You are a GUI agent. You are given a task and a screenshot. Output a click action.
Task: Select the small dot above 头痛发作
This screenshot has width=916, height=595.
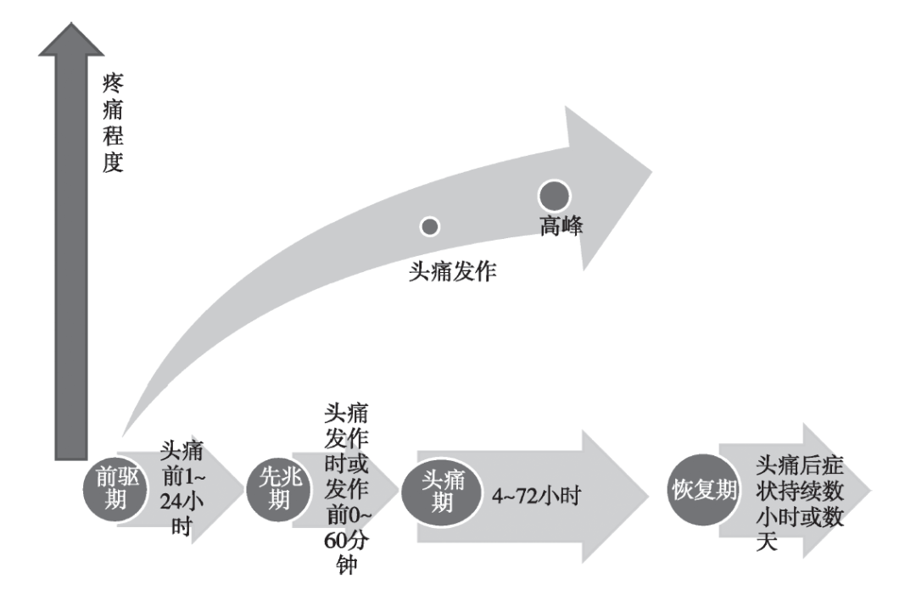point(430,226)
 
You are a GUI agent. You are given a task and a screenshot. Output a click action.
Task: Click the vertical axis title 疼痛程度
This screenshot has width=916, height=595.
point(113,123)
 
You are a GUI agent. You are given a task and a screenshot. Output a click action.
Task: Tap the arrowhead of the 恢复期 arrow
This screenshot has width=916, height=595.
point(848,494)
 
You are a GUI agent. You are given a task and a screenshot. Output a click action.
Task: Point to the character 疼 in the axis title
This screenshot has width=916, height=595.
point(113,85)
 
